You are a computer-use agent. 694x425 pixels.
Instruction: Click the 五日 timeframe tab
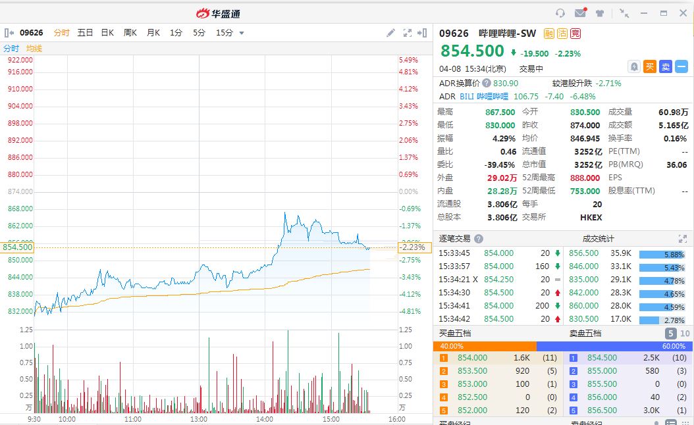[x=85, y=33]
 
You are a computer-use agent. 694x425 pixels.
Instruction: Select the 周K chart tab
[x=130, y=33]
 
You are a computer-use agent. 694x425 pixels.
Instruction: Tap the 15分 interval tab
[x=224, y=33]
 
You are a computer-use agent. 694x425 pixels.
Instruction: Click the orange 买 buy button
[x=650, y=66]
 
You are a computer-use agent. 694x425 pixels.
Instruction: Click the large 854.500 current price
[x=472, y=51]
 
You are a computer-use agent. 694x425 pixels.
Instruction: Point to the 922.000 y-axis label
[x=20, y=60]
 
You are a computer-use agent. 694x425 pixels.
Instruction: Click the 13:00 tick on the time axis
[x=199, y=419]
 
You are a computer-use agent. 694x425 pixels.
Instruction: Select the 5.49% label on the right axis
[x=408, y=60]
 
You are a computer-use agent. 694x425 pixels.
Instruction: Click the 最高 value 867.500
[x=500, y=113]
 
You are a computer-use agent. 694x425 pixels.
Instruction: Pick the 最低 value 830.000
[x=500, y=125]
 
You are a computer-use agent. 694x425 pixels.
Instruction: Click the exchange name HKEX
[x=591, y=217]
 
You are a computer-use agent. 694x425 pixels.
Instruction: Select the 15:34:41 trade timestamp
[x=454, y=305]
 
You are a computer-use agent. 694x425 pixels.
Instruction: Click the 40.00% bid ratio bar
[x=485, y=346]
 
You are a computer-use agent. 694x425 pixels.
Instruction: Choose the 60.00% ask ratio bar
[x=614, y=346]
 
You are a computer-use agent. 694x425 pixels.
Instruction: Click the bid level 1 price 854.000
[x=472, y=358]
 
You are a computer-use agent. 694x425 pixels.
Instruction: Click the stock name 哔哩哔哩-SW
[x=507, y=33]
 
